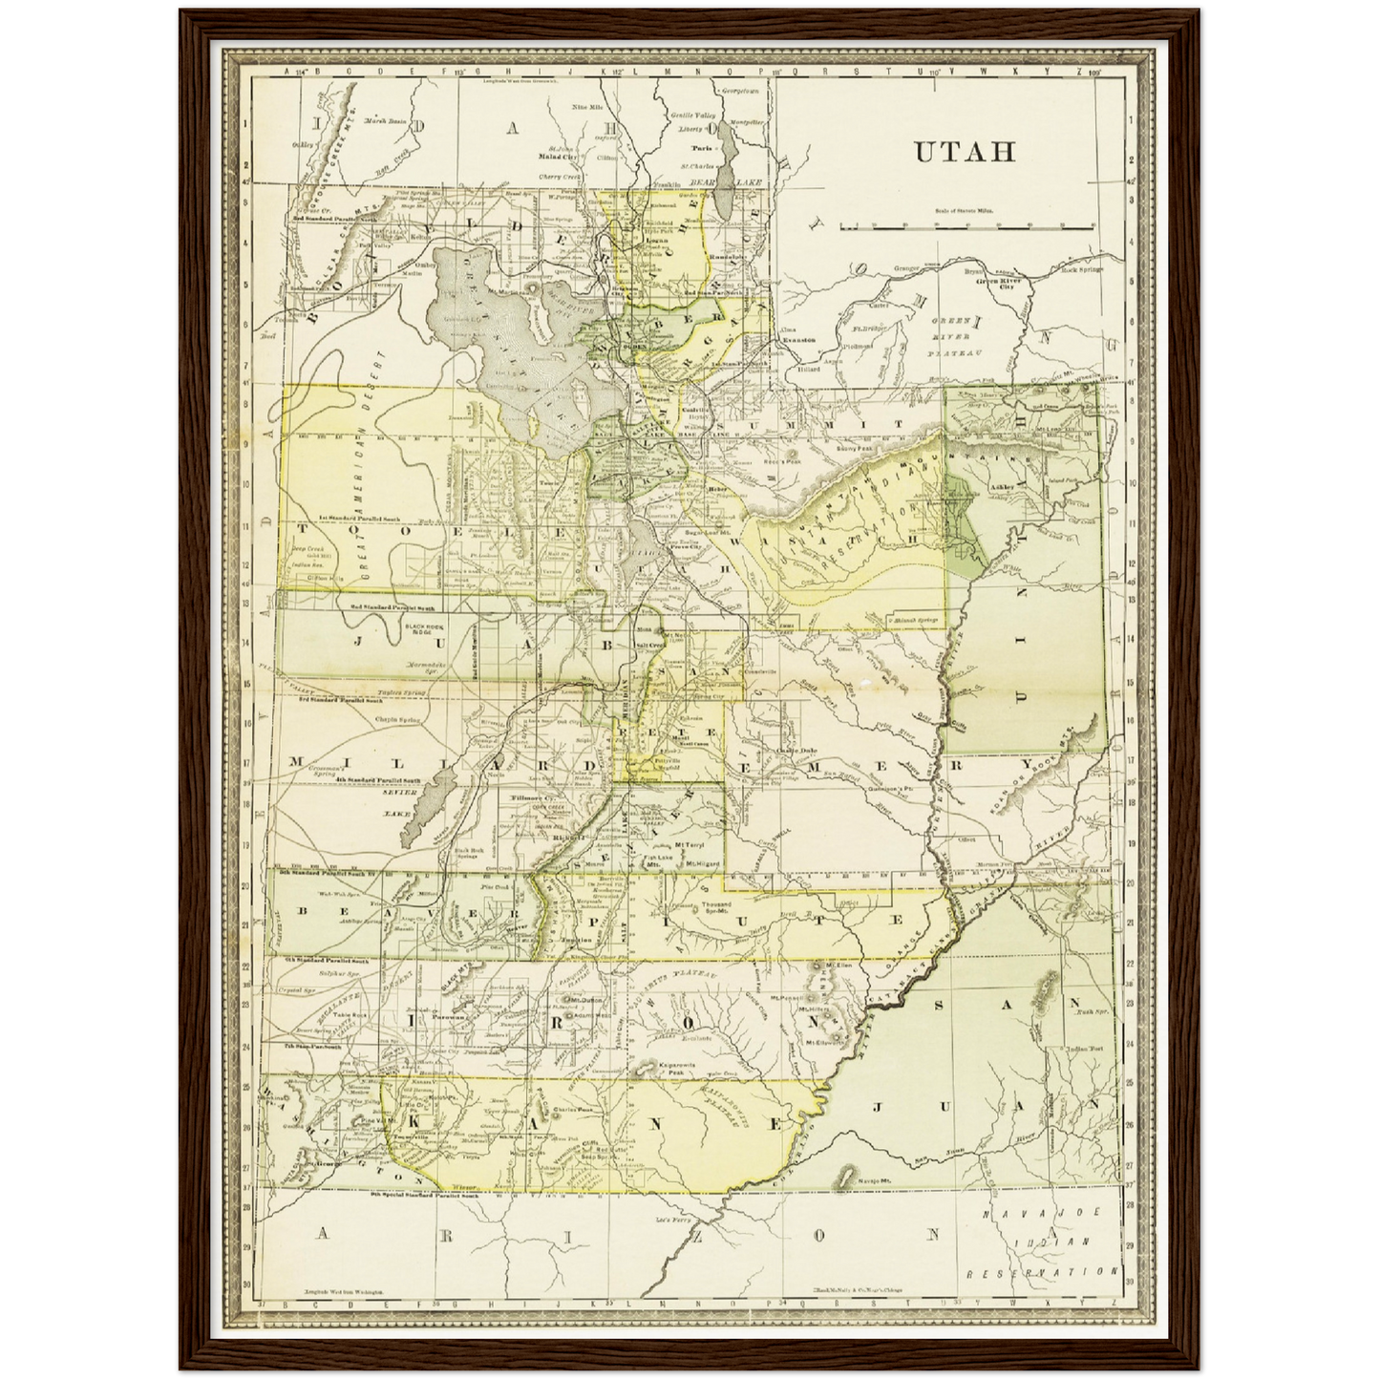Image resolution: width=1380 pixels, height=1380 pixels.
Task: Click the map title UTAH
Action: [965, 153]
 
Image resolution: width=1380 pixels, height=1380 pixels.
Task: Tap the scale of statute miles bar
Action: [966, 227]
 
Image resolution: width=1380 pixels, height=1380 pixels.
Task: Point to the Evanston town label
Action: [798, 340]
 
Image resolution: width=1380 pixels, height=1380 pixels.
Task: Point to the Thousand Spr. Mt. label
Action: [716, 907]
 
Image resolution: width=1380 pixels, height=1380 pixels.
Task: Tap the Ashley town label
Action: [1003, 485]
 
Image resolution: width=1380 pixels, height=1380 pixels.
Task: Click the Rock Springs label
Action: [1082, 269]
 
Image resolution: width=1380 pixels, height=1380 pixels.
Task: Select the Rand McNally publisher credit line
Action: [857, 1289]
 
